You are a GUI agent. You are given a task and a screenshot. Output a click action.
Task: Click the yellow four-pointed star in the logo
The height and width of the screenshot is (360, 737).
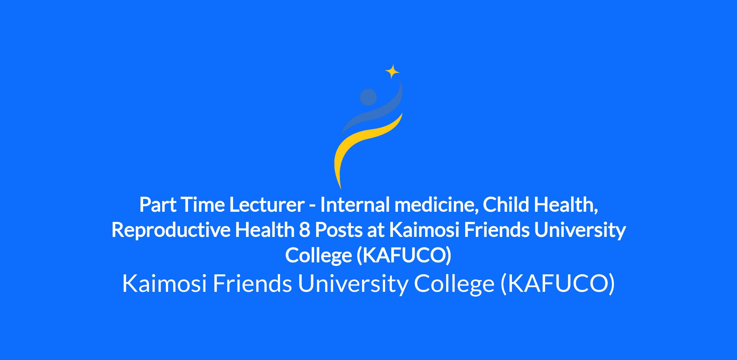pos(392,72)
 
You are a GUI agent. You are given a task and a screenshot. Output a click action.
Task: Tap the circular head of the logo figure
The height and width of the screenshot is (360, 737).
pos(368,97)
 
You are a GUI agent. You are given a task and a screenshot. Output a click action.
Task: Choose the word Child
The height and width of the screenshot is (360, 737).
pos(506,205)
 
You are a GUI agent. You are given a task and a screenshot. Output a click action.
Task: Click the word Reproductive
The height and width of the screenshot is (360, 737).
pos(171,231)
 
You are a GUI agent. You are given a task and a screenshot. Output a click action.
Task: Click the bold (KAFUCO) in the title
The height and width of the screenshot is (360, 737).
pos(404,255)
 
